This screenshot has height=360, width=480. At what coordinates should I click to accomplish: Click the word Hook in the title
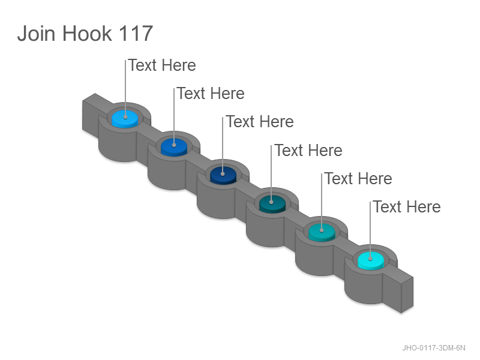[87, 33]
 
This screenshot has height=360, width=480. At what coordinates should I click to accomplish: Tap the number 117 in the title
[136, 33]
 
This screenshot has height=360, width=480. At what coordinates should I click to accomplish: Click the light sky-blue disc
[125, 119]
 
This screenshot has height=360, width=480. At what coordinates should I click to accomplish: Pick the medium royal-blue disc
[174, 147]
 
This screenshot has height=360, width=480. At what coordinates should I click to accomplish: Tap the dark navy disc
[223, 176]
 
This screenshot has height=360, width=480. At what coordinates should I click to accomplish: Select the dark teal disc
[272, 204]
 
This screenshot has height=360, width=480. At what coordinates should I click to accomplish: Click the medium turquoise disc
[322, 232]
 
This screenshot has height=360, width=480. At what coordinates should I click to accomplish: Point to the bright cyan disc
[370, 261]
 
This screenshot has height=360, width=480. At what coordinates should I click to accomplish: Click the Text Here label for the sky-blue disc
[162, 65]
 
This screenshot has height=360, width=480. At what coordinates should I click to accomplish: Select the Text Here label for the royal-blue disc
[211, 94]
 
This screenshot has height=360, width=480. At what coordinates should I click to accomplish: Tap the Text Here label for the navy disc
[260, 122]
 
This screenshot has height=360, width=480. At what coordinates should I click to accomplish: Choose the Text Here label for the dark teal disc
[308, 151]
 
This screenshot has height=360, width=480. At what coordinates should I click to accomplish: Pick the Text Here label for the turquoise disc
[358, 178]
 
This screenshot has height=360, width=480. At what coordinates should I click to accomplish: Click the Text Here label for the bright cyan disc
[407, 206]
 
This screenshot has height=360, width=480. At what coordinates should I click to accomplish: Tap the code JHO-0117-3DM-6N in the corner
[433, 348]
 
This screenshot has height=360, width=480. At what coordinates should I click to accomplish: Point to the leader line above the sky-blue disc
[125, 88]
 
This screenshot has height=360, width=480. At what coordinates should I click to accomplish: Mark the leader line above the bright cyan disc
[370, 230]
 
